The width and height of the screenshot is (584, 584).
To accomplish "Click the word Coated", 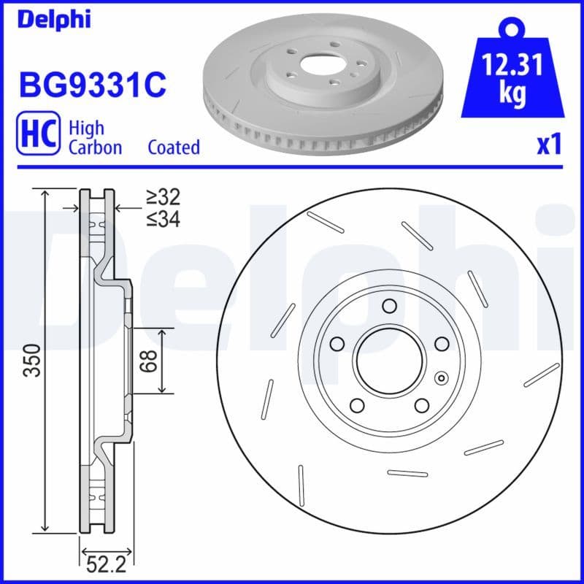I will (174, 147).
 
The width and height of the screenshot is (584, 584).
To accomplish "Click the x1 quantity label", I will (549, 145).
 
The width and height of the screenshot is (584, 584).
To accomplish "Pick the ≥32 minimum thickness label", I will (162, 197).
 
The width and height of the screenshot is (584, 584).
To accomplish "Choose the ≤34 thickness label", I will (162, 218).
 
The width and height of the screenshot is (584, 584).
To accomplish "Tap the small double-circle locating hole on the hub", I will (440, 378).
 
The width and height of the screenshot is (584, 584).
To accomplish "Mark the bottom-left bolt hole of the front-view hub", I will (356, 405).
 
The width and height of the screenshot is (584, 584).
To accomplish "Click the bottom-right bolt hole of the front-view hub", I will (422, 405).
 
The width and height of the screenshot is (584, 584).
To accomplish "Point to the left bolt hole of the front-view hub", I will (337, 343).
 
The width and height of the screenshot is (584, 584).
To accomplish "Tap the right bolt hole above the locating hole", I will (442, 343).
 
